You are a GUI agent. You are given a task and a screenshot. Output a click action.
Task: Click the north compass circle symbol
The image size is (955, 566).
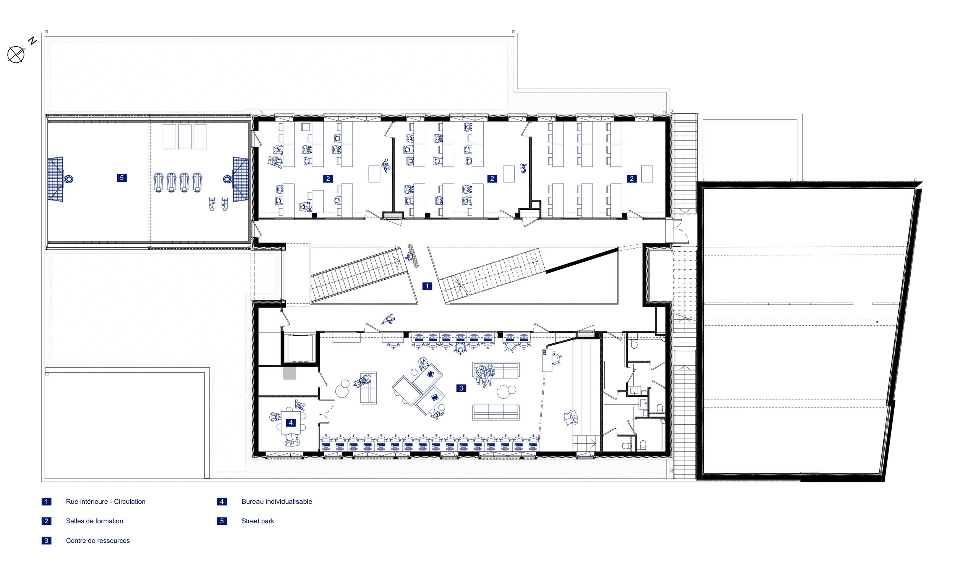coord(16,55)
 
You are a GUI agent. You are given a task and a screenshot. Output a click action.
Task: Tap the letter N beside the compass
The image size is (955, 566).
coord(33,41)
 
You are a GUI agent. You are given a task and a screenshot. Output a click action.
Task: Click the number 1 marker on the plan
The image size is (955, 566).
coord(427,286)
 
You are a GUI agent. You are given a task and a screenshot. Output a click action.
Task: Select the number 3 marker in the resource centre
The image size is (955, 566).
coord(461,388)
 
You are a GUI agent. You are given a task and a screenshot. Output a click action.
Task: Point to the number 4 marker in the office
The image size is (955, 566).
coord(291,422)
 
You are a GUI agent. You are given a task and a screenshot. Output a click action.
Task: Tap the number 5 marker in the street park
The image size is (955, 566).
coord(121,178)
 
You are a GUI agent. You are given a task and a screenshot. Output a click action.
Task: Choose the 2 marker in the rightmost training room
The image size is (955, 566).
coord(631,178)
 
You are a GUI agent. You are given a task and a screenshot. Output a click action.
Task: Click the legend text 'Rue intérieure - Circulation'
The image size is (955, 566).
coord(105,501)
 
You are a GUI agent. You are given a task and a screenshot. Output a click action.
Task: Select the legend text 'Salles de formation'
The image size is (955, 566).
coord(94,521)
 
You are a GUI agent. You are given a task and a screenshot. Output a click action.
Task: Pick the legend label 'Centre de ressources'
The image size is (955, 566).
coord(98,540)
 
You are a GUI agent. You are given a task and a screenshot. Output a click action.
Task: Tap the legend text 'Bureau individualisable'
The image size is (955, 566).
coord(277,501)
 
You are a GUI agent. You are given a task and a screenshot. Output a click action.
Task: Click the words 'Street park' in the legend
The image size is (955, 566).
coord(257,521)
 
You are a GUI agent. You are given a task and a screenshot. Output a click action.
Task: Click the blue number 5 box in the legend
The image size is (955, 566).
coord(222,521)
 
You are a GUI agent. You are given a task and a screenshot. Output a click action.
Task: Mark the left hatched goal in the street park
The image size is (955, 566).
coord(55,179)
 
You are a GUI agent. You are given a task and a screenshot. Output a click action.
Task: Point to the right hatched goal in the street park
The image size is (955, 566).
coord(241,179)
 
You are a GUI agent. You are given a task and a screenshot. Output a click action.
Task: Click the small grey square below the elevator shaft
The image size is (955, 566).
coord(290,373)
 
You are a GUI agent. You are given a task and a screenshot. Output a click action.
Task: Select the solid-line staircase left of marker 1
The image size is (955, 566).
coord(359,275)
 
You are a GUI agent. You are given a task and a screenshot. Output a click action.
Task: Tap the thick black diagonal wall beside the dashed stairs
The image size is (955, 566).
coord(582,260)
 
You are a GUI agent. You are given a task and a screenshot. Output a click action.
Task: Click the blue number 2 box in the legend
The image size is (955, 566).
coord(46,521)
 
